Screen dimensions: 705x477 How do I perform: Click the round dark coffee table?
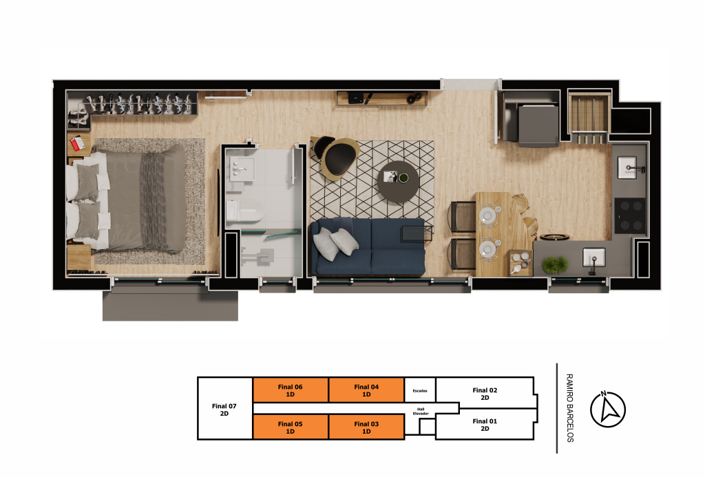tap(398, 181)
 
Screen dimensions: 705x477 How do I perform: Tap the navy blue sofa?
tap(368, 246)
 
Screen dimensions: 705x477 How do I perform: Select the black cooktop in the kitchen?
tap(630, 215)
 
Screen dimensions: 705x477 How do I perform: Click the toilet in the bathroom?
tap(244, 211)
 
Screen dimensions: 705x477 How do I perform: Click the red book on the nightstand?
tap(77, 143)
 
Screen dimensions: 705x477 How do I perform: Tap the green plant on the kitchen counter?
tap(555, 265)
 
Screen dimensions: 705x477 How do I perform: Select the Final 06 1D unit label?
tap(290, 390)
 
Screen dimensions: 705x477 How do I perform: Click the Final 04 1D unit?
tap(366, 390)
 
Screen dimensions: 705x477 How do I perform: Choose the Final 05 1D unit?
tap(291, 427)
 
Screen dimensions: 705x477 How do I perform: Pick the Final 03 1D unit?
tap(366, 427)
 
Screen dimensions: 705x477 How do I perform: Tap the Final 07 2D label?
tap(224, 410)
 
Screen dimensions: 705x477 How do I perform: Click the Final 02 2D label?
tap(485, 394)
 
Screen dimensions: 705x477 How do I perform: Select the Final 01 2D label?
tap(485, 425)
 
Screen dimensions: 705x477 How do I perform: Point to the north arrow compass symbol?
tap(607, 409)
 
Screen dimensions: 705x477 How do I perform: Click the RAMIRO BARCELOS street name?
tap(569, 407)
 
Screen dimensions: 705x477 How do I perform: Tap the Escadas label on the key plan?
tap(420, 391)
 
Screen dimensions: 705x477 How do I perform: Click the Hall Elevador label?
tap(421, 412)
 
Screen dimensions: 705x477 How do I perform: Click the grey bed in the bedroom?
tap(126, 200)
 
